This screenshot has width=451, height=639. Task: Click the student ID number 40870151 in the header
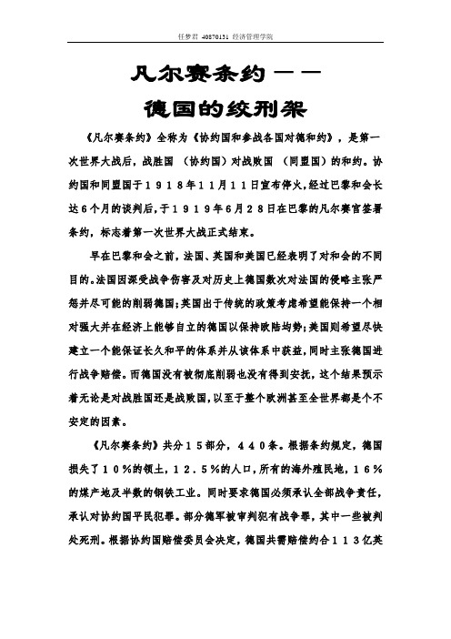click(221, 37)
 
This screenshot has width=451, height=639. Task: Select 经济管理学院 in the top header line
click(258, 37)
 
